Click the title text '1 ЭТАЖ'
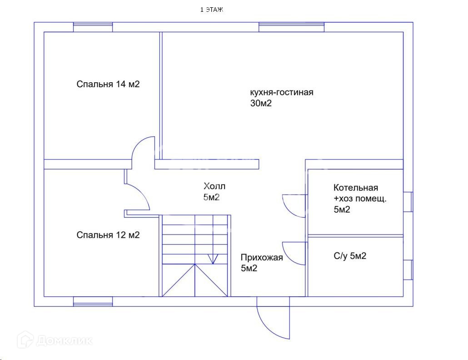212,10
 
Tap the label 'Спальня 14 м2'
108,84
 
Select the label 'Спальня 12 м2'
108,235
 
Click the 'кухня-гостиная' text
282,92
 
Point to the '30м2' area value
261,104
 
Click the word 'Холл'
214,186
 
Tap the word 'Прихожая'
262,258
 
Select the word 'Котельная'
356,188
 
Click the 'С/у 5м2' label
350,256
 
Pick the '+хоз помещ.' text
360,199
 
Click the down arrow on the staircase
212,259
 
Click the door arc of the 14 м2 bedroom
143,148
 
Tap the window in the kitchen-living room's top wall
292,27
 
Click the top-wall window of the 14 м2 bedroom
93,27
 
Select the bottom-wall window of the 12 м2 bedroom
93,301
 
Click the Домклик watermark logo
55,340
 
